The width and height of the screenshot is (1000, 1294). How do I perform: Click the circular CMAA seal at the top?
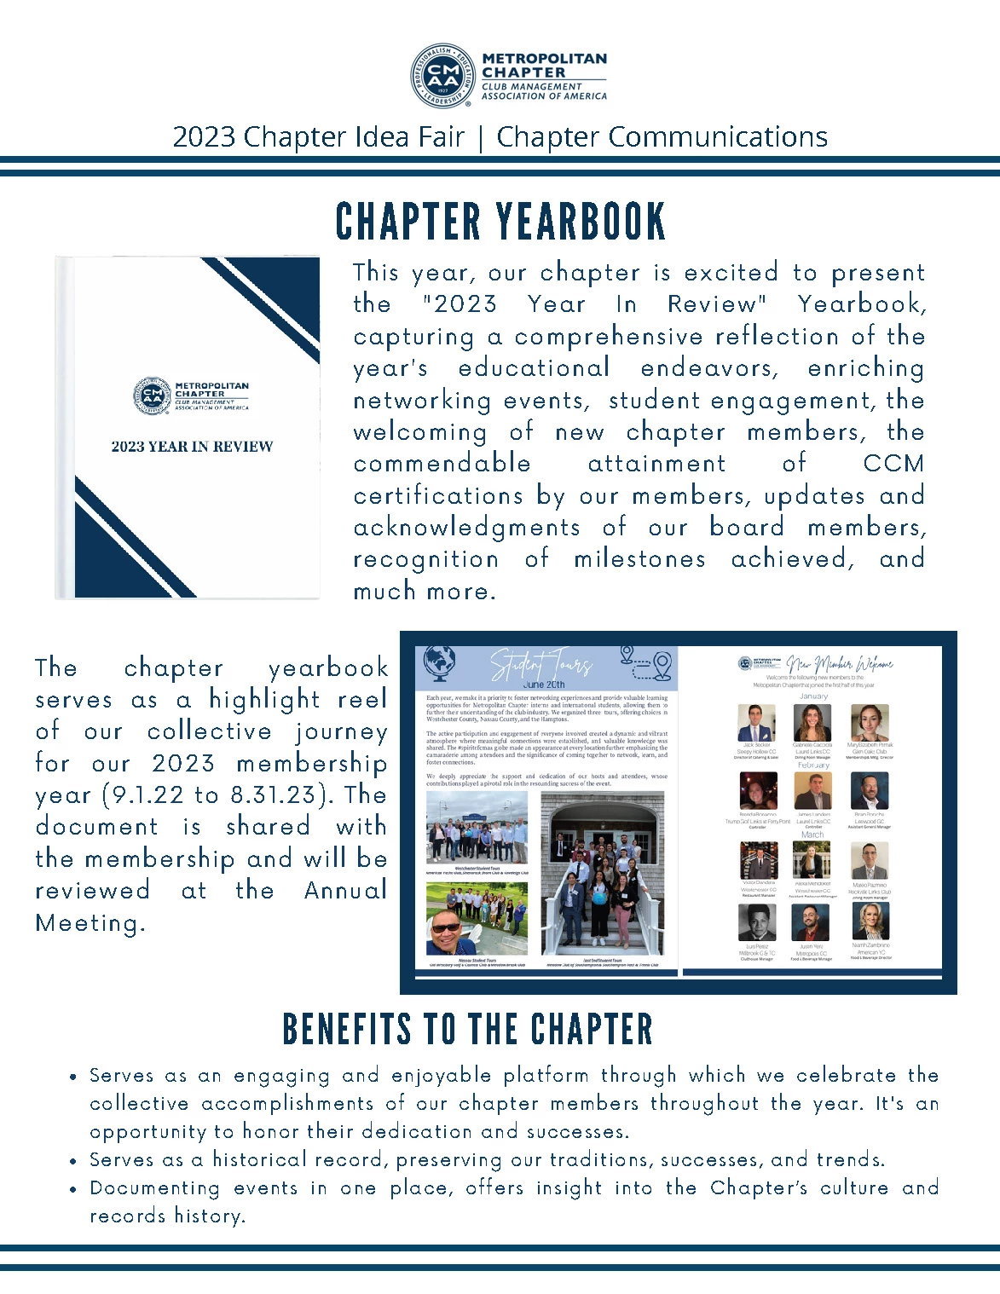tap(442, 77)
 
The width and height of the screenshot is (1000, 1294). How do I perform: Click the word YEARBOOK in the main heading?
tap(581, 222)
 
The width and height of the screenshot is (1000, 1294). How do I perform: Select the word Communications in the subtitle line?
tap(718, 137)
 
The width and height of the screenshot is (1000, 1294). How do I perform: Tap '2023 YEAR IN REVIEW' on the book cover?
tap(192, 447)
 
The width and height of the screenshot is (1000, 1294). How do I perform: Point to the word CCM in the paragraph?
tap(893, 464)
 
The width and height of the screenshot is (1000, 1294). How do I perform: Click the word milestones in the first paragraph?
tap(639, 559)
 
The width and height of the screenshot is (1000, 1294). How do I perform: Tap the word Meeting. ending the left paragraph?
tap(90, 923)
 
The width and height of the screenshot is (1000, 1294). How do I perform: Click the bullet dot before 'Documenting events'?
tap(74, 1189)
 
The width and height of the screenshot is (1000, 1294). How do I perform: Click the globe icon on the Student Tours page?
tap(441, 661)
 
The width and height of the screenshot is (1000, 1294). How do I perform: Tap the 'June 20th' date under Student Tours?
tap(544, 685)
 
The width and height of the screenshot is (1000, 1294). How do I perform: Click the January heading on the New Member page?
tap(813, 696)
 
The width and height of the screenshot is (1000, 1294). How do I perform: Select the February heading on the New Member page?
tap(813, 765)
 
